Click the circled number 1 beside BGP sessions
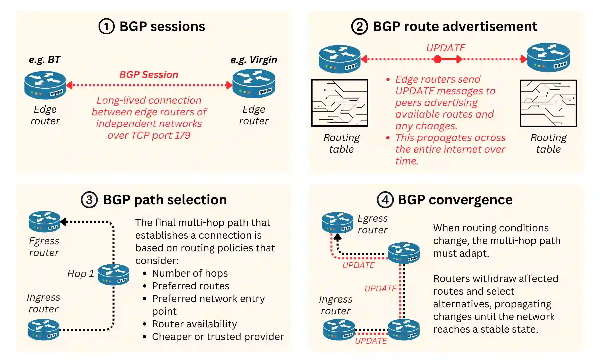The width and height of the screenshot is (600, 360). click(x=106, y=27)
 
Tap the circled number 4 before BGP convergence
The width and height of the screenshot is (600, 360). click(x=385, y=200)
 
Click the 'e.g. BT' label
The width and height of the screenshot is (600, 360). click(x=45, y=60)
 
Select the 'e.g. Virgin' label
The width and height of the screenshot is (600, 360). click(x=254, y=60)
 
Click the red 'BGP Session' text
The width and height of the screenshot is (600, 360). click(x=149, y=75)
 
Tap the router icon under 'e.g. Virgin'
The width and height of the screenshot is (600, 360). click(x=254, y=84)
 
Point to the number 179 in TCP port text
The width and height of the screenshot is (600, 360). click(x=182, y=135)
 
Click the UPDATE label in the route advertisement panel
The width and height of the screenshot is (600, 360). click(x=446, y=48)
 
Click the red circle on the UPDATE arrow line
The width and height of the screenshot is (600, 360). click(x=438, y=60)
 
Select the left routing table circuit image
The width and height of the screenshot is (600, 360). click(x=340, y=103)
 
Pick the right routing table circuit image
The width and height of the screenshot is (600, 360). click(x=548, y=103)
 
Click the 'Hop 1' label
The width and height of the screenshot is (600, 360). click(x=80, y=274)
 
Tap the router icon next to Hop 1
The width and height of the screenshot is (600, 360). click(x=114, y=274)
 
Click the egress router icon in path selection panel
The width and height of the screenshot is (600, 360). click(x=44, y=221)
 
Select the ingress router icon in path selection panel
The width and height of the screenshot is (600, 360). click(x=44, y=329)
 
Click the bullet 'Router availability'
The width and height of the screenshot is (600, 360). click(x=194, y=324)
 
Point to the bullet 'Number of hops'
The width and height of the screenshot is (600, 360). click(x=190, y=273)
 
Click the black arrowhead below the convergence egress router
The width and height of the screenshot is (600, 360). click(x=338, y=237)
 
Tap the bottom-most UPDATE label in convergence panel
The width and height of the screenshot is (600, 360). click(x=371, y=341)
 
